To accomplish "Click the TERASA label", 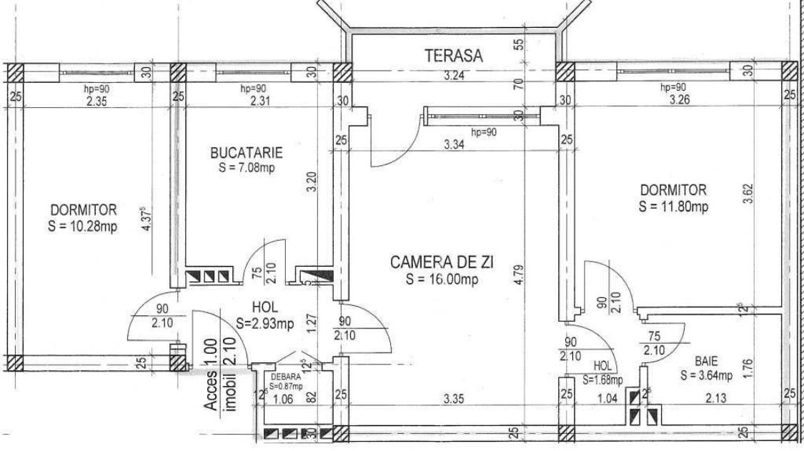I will [x=453, y=54].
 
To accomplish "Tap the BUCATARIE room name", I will [x=247, y=152].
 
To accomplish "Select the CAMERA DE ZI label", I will [x=442, y=262].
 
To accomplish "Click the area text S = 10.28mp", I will [x=84, y=227].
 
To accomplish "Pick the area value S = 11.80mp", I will [x=673, y=207].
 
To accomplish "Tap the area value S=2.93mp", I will [x=265, y=324].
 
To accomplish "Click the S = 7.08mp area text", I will [x=247, y=168].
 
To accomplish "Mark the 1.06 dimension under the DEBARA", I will [x=285, y=398].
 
